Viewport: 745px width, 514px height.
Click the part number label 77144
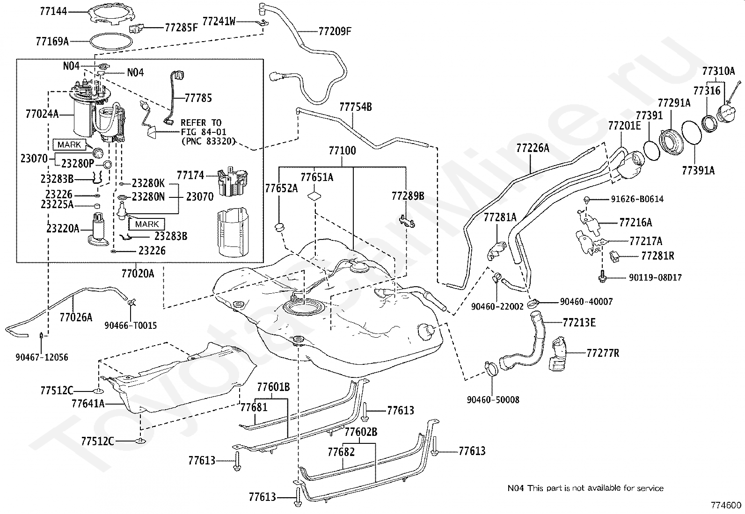53,11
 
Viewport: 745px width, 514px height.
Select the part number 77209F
335,31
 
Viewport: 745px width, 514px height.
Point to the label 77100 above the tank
342,151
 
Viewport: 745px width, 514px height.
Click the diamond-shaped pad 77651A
314,196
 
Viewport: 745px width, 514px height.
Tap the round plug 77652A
280,228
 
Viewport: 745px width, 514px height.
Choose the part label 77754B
356,107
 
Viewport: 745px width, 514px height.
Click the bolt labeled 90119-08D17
602,277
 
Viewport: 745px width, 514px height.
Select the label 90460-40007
586,302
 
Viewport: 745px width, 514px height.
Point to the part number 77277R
603,353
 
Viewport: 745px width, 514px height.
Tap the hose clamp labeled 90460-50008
491,369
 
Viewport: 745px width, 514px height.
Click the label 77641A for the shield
88,404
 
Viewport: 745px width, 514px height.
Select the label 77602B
361,432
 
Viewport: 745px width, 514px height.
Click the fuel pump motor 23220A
97,229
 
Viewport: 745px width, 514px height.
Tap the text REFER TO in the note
201,123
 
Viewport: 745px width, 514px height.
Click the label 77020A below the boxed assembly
138,274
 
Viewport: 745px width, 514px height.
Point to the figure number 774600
726,506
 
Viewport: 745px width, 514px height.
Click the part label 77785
198,98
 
